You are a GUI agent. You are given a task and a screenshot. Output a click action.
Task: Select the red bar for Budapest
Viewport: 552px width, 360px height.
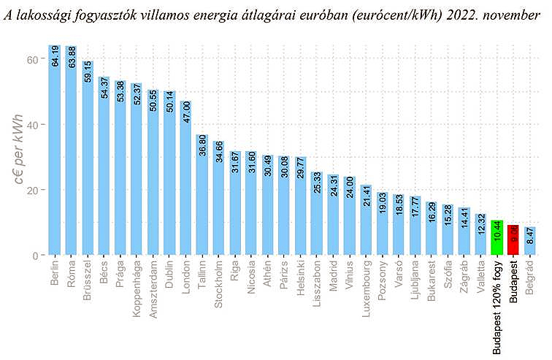tap(514, 240)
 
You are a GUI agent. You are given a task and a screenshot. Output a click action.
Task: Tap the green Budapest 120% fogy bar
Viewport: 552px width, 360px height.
tap(497, 238)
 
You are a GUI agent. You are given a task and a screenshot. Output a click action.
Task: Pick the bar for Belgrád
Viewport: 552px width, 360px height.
tap(530, 242)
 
